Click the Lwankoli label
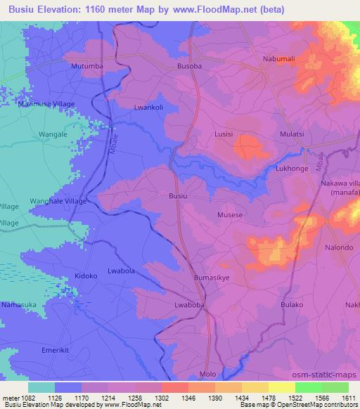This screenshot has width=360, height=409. pyautogui.click(x=148, y=108)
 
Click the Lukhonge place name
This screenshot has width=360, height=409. pyautogui.click(x=292, y=169)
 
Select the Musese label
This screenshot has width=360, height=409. pyautogui.click(x=230, y=215)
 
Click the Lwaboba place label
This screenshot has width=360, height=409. pyautogui.click(x=189, y=305)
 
